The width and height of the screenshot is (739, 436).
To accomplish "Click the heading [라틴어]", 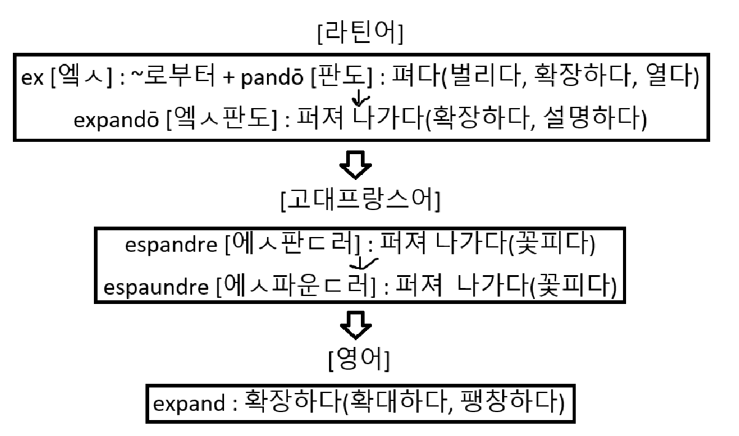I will click(360, 35).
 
